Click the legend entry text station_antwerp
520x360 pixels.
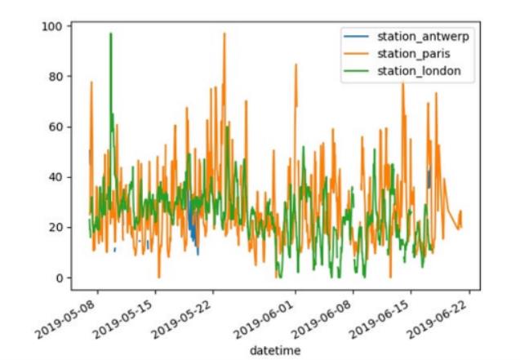423,36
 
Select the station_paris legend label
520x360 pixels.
414,54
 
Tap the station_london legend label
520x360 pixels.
419,71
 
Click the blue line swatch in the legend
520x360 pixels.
356,36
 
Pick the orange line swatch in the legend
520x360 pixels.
356,54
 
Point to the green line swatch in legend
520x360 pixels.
356,71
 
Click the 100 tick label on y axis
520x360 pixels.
52,26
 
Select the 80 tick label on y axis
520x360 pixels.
56,77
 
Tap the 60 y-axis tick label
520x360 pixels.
56,127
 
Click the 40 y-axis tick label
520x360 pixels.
56,177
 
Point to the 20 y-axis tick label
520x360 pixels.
56,228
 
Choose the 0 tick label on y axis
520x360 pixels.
59,278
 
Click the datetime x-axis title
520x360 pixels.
275,350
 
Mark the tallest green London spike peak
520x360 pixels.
111,33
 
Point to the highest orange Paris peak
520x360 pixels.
224,33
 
